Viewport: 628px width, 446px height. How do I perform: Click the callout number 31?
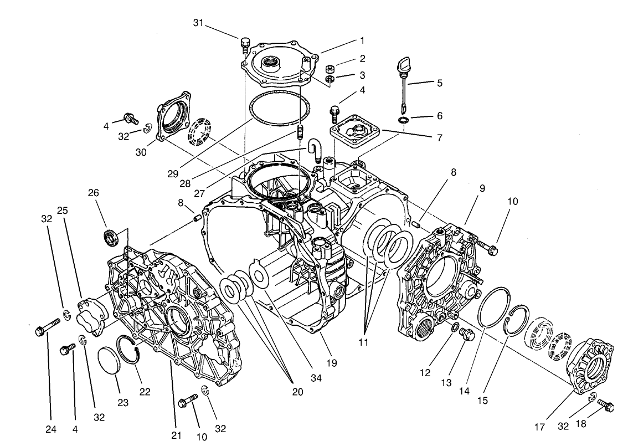pyautogui.click(x=199, y=23)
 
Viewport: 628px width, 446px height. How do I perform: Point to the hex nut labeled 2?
pyautogui.click(x=329, y=69)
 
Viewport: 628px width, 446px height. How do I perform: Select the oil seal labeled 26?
pyautogui.click(x=111, y=237)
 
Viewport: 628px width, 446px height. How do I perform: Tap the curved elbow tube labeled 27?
pyautogui.click(x=314, y=150)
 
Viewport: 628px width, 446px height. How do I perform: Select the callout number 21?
pyautogui.click(x=176, y=435)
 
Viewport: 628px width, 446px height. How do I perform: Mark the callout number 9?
pyautogui.click(x=482, y=188)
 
